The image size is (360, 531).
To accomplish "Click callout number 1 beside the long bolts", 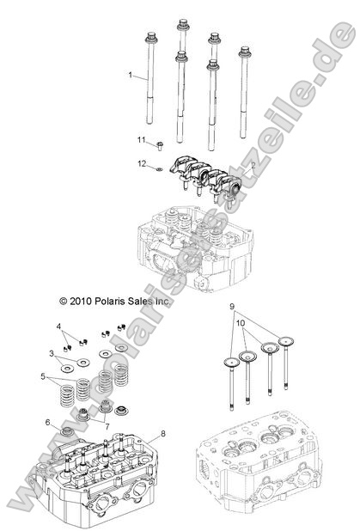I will [131, 76].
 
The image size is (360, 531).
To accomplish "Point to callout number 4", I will [59, 327].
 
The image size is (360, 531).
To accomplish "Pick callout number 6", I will [48, 423].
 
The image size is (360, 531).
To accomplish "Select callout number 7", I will [107, 426].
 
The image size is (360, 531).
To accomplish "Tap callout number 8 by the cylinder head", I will [162, 435].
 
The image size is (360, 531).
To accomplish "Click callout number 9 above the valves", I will [231, 306].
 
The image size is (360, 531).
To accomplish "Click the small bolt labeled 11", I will [161, 143].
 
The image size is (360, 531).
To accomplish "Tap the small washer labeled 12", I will [161, 168].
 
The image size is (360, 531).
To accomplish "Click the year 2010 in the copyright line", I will [83, 302].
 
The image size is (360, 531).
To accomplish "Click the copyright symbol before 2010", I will [63, 302].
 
